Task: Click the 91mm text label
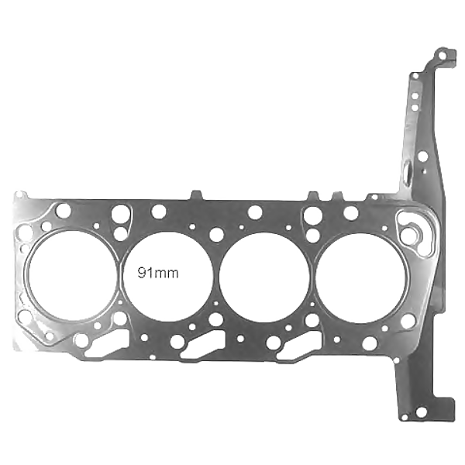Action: (x=158, y=273)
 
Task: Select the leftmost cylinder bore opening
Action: (x=73, y=275)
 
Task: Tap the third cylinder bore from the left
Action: (x=265, y=278)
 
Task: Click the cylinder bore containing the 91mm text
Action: (x=168, y=277)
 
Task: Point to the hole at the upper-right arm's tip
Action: (x=443, y=56)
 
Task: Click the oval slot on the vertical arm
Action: (x=408, y=171)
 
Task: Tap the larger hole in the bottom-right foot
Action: (x=421, y=412)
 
